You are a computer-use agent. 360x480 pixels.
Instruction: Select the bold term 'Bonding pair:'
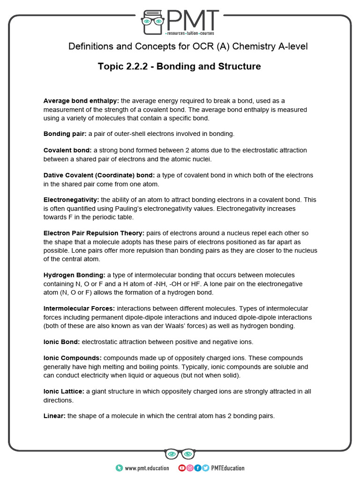tap(62, 134)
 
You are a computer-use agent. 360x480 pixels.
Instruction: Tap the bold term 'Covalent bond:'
tap(67, 150)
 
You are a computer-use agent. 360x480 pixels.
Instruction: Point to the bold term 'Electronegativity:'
tap(71, 200)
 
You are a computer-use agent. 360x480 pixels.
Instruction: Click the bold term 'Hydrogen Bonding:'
tap(75, 275)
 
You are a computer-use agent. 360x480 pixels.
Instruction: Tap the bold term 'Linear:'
tap(54, 416)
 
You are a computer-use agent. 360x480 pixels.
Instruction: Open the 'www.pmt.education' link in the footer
tap(147, 468)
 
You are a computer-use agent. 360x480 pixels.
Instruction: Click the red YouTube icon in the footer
tap(182, 468)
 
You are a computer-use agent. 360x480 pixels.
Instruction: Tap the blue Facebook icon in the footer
tap(198, 468)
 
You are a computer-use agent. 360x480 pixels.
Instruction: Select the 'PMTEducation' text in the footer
tap(228, 468)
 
